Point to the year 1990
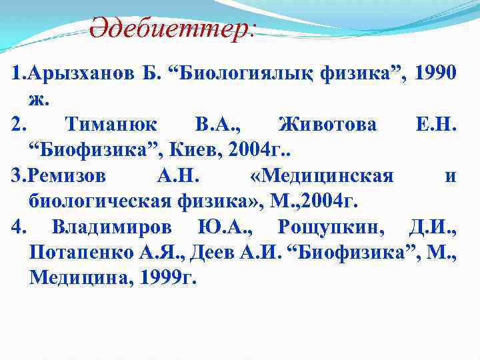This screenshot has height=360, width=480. pyautogui.click(x=435, y=74)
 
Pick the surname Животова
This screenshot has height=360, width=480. pyautogui.click(x=327, y=125)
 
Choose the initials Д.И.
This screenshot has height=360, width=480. pyautogui.click(x=432, y=227)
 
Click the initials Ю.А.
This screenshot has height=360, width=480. pyautogui.click(x=224, y=227)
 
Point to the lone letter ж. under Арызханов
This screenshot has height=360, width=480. pyautogui.click(x=37, y=99)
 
